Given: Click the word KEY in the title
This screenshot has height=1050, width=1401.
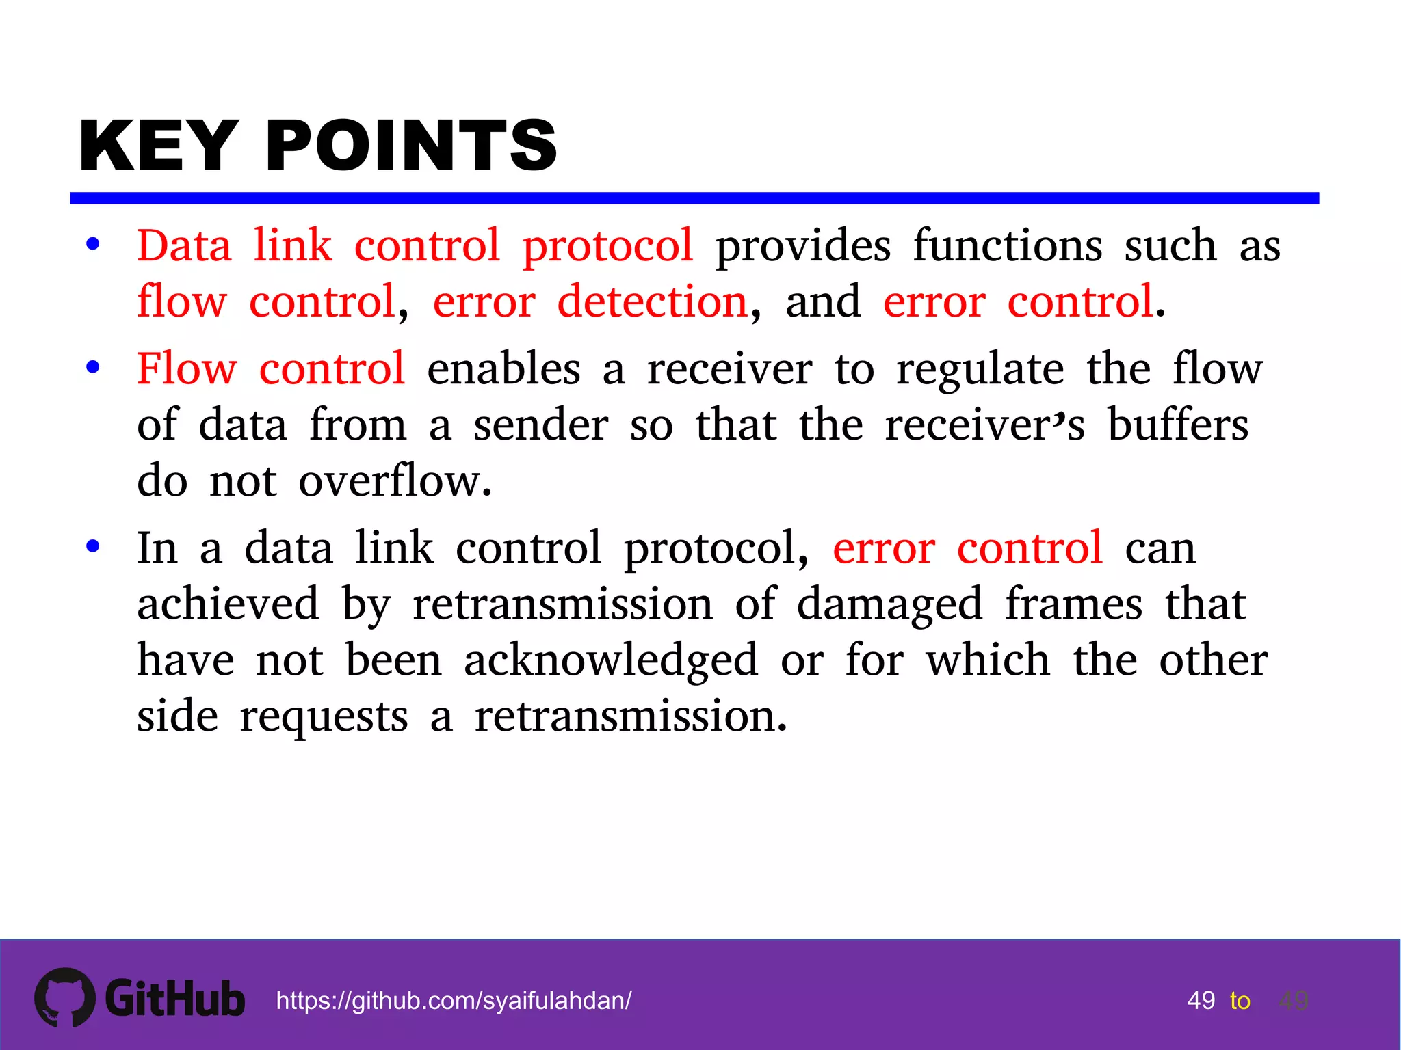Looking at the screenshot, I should point(159,146).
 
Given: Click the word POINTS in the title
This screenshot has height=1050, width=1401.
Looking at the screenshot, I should point(411,146).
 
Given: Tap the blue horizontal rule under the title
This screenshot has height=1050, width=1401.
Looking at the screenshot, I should point(694,198).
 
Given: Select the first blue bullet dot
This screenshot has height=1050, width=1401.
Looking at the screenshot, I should point(93,245).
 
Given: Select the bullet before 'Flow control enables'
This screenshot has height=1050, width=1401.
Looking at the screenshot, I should point(93,368).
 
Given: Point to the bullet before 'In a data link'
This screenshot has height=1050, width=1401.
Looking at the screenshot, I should point(93,546).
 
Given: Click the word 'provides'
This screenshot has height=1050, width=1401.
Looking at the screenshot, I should point(803,246).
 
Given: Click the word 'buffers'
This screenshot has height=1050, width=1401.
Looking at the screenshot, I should point(1178,425).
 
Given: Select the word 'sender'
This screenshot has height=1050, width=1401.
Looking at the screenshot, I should point(540,425).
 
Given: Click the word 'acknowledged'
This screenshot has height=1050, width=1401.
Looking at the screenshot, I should point(611,661).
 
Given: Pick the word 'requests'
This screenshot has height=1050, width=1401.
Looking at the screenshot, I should point(324,718).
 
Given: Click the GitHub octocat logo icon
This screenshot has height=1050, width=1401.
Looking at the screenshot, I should point(65,997).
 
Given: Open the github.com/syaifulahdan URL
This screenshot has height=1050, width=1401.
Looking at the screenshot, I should point(454,1001).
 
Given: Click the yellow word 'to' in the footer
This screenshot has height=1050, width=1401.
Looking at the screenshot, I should point(1240,1001).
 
